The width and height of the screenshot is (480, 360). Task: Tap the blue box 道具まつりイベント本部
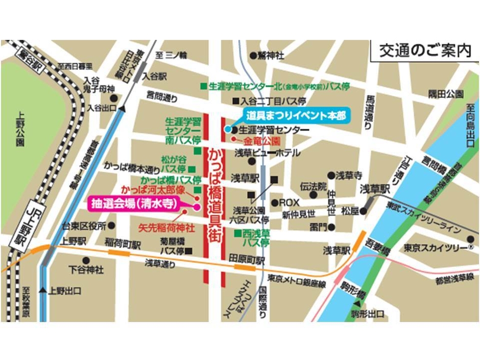click(296, 115)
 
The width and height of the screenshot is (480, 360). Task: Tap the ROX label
click(289, 203)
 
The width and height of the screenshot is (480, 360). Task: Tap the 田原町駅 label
click(247, 259)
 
